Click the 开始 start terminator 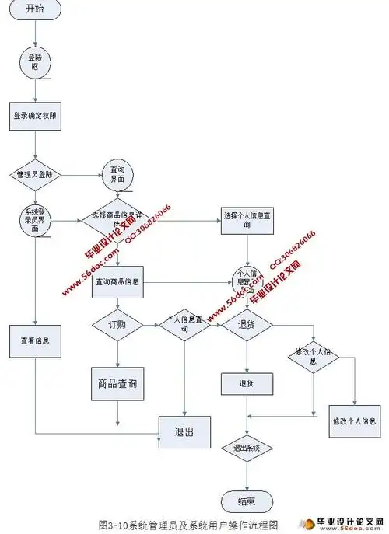(x=34, y=9)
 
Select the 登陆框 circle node (x=34, y=62)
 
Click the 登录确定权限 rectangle (x=34, y=117)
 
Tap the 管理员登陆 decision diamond (x=34, y=175)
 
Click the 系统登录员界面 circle (x=34, y=221)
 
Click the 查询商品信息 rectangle (x=117, y=283)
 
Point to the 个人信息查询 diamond (x=185, y=325)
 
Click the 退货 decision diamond (x=247, y=325)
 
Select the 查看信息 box (x=34, y=340)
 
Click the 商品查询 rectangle (x=117, y=384)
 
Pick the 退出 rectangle (x=185, y=430)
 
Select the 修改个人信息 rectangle (x=355, y=421)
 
